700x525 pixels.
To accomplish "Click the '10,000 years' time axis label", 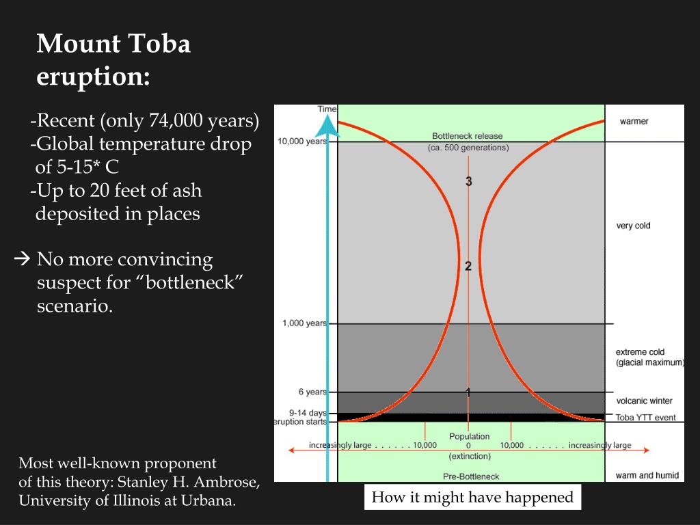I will click(301, 142).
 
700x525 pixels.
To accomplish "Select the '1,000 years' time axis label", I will click(304, 323).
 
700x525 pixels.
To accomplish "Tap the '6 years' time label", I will click(312, 392).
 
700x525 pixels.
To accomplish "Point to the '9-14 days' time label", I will click(308, 413).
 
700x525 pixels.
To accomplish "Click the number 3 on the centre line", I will click(468, 181).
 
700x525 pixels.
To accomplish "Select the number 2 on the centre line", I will click(468, 266).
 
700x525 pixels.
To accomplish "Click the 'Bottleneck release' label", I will click(468, 136).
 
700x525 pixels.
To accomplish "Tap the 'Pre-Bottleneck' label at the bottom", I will click(470, 476).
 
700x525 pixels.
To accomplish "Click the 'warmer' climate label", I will click(634, 122).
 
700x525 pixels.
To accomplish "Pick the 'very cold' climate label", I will click(633, 226).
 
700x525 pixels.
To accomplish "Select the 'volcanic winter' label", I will click(644, 401).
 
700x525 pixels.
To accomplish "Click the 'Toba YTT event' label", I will click(645, 416).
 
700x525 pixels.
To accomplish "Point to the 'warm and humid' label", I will click(646, 475).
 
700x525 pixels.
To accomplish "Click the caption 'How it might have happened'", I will click(472, 497).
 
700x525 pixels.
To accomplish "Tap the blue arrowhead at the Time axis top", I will click(328, 124).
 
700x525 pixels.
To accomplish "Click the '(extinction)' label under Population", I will click(470, 455).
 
